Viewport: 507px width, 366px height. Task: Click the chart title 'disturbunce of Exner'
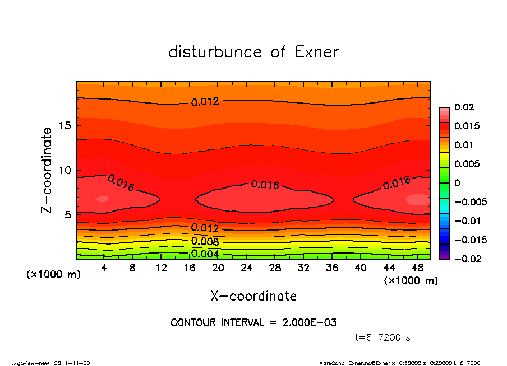253,52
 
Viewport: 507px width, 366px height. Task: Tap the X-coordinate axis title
253,295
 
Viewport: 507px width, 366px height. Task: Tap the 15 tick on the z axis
64,126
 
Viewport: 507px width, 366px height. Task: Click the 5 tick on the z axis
67,215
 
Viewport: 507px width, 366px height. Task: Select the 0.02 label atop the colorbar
464,107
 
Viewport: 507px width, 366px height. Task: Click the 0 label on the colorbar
457,183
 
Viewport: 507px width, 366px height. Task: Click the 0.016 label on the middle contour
265,185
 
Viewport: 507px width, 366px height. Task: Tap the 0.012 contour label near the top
205,102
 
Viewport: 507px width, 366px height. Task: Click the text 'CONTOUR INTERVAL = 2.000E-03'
253,323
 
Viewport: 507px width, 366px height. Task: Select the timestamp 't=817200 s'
383,338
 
